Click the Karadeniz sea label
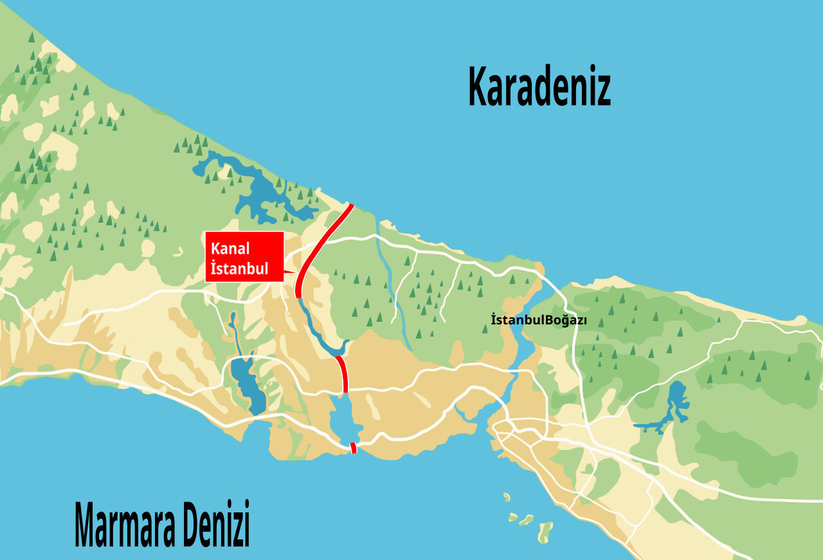[x=539, y=87]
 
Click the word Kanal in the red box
[x=230, y=248]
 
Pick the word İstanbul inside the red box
[x=239, y=268]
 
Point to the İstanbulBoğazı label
[x=529, y=320]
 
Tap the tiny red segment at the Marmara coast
[x=353, y=447]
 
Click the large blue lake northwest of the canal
[x=260, y=191]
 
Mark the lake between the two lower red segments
[x=343, y=418]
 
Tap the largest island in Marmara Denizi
[x=545, y=531]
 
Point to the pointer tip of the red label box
[x=296, y=273]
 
